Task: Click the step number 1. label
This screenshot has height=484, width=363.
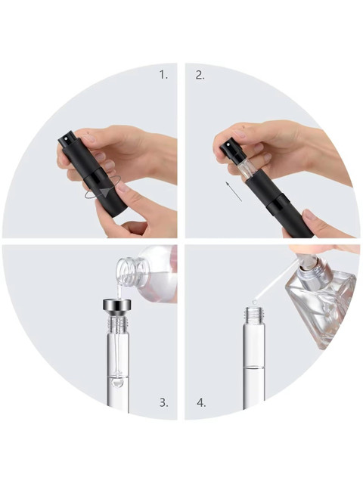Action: click(x=163, y=75)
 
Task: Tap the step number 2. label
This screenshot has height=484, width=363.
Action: click(x=200, y=75)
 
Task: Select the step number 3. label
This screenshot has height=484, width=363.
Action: click(x=164, y=402)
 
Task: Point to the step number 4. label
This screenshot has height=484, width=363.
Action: click(x=201, y=403)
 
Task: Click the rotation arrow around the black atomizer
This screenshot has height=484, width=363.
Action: click(x=103, y=194)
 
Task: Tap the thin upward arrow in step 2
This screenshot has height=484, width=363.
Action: click(x=234, y=191)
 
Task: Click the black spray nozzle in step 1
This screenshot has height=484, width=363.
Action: click(x=66, y=138)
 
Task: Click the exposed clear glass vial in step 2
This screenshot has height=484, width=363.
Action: click(x=245, y=169)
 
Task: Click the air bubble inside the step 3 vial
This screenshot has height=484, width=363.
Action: click(x=116, y=382)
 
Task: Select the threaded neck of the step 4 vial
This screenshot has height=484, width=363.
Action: click(x=254, y=315)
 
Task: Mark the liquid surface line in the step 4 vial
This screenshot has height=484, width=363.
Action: click(x=254, y=367)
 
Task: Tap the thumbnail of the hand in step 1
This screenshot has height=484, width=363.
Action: click(x=123, y=187)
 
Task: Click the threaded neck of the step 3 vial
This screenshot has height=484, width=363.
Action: click(x=117, y=325)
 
